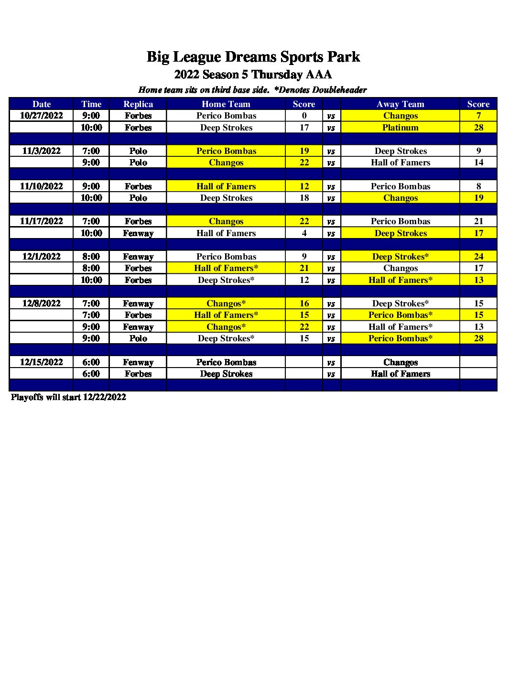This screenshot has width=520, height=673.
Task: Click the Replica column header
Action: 138,104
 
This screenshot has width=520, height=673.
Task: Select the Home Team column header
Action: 226,104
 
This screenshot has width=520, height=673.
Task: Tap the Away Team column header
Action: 400,104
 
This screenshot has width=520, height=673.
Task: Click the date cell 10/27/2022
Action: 42,116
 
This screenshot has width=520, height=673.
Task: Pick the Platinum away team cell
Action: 400,128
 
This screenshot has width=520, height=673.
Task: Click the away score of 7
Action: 478,116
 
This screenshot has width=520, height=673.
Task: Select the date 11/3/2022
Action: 42,151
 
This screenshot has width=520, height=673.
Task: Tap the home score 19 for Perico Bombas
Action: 304,151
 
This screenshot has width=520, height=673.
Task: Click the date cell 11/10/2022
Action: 42,186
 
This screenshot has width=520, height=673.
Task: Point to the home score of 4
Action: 304,233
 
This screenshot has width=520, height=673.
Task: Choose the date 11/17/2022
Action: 42,221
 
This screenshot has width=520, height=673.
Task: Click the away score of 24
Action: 478,257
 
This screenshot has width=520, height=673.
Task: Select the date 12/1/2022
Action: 42,257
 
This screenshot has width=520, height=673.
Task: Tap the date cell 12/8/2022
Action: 42,304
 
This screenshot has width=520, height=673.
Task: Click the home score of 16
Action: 304,304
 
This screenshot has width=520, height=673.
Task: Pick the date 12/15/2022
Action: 42,362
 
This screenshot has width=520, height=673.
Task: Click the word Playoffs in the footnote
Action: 27,397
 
